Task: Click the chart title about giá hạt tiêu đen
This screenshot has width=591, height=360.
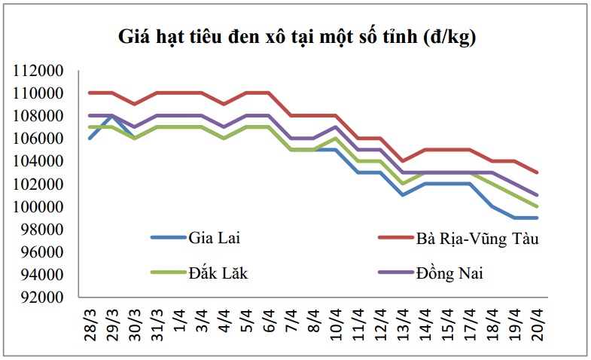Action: (x=297, y=38)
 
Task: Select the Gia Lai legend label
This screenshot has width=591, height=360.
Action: (x=214, y=238)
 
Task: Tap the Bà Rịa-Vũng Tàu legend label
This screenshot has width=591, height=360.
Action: (x=477, y=239)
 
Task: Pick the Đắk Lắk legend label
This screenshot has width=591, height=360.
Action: (x=218, y=273)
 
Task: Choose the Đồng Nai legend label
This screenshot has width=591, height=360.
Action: (x=449, y=273)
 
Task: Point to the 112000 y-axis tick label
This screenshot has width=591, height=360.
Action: (x=38, y=71)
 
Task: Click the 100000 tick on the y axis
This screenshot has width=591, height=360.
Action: (x=38, y=206)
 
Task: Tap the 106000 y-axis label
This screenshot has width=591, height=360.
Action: (x=38, y=139)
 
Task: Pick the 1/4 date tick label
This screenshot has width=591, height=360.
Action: (x=180, y=321)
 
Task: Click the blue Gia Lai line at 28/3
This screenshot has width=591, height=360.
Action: (x=90, y=139)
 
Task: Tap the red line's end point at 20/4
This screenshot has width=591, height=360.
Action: (x=537, y=172)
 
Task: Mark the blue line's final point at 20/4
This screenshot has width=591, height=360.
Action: (x=537, y=218)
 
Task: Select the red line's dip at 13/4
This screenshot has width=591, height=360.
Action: (x=404, y=161)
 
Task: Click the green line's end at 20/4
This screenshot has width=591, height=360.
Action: (x=537, y=206)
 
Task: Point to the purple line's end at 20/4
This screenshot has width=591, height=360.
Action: (x=537, y=195)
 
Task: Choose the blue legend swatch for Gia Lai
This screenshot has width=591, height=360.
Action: (x=168, y=237)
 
